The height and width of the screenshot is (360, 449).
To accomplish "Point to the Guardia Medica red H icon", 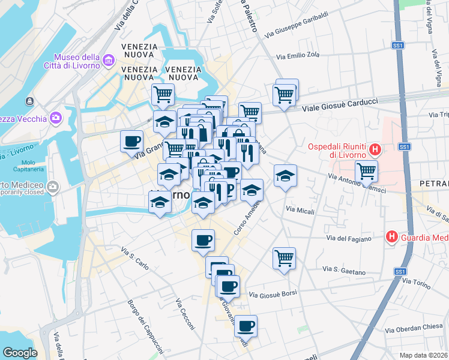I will pos(392,238).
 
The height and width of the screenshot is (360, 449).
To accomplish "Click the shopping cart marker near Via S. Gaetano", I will pos(284,258).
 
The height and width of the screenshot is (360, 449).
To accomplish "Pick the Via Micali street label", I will pos(300,210).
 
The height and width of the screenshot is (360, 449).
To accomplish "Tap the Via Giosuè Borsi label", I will pos(273,295).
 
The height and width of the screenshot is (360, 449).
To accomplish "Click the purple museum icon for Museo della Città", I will pos(109,60).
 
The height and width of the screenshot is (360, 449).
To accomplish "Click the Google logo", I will pos(20,352).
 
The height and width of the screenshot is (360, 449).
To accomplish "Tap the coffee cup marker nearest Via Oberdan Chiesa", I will pos(246,326).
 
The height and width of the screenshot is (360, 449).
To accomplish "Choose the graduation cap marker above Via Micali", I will pos(285,175).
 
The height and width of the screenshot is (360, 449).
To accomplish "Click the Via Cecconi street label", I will pos(184,315).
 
